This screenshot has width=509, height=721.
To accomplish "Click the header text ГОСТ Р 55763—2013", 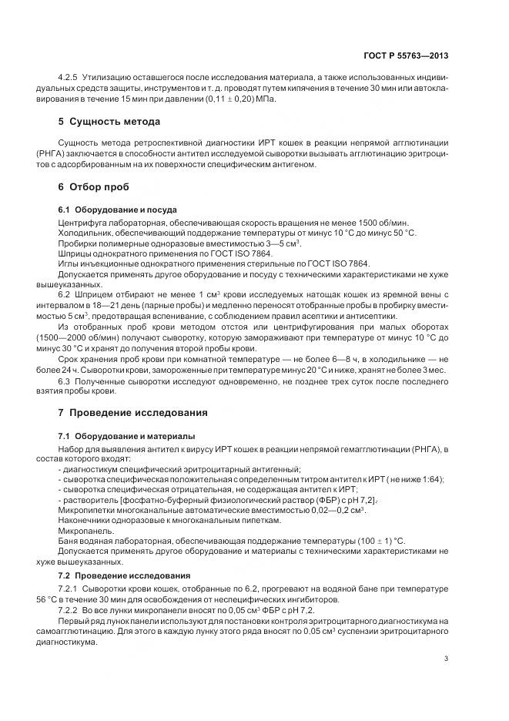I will [x=407, y=55].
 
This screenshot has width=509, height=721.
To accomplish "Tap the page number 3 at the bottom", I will [x=447, y=658].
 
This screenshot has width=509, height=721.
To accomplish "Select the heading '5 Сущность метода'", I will [x=109, y=122].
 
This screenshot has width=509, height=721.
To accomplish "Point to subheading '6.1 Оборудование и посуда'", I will [x=117, y=210].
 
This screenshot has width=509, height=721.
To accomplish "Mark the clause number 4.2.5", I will [x=71, y=79].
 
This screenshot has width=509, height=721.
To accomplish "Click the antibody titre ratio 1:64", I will [x=432, y=478].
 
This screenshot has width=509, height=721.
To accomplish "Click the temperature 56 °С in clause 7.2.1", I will [x=72, y=599].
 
